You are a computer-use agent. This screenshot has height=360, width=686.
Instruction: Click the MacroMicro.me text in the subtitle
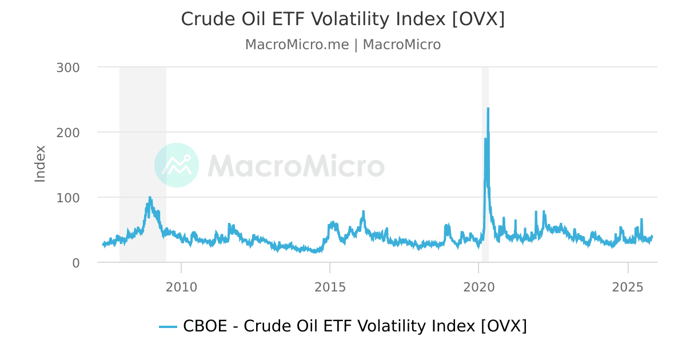pyautogui.click(x=297, y=45)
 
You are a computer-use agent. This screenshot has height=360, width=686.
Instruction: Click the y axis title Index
pyautogui.click(x=39, y=164)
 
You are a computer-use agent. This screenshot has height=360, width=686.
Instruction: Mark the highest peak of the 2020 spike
pyautogui.click(x=488, y=109)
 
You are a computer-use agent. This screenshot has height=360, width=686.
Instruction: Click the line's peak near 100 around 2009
pyautogui.click(x=150, y=198)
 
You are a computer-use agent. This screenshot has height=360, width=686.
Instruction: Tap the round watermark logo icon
pyautogui.click(x=177, y=165)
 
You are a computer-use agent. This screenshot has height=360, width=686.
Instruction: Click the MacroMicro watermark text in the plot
pyautogui.click(x=296, y=166)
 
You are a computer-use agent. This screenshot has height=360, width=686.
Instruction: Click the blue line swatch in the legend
pyautogui.click(x=168, y=326)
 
